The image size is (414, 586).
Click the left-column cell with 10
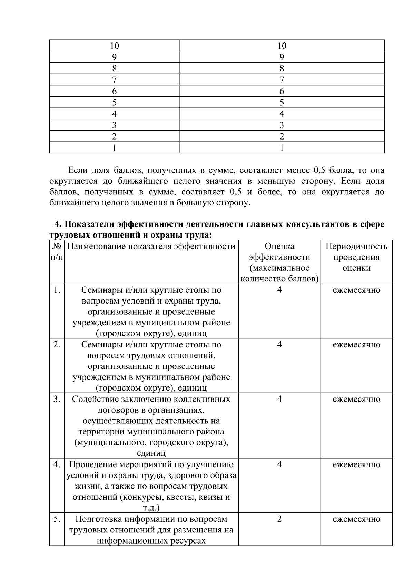click(114, 46)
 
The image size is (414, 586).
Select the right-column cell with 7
click(282, 80)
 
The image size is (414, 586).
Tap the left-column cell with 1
click(114, 148)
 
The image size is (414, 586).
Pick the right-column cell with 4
click(282, 114)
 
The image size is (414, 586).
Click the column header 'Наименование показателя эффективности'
click(151, 247)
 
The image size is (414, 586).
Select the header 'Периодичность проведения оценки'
click(356, 257)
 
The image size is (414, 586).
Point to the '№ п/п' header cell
click(57, 252)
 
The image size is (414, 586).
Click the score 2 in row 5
click(279, 519)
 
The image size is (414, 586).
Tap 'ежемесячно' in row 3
click(356, 399)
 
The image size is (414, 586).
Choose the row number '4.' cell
click(57, 464)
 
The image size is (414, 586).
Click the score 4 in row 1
click(279, 290)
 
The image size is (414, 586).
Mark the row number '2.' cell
click(57, 345)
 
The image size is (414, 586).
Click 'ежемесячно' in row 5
click(356, 519)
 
